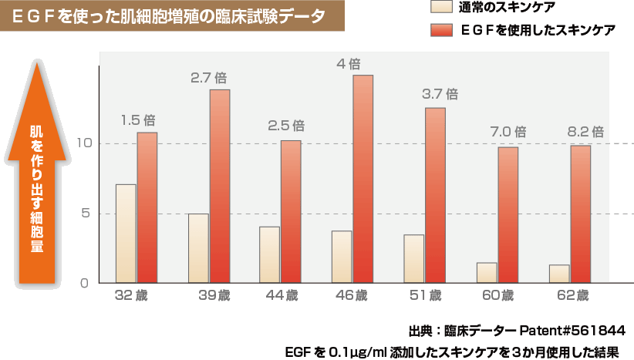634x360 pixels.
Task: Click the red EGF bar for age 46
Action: pos(363,179)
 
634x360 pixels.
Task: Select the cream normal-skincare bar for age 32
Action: pos(126,234)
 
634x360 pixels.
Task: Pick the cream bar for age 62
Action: pos(559,274)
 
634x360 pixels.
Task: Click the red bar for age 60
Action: pos(508,215)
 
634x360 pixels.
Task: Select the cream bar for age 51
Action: pos(413,258)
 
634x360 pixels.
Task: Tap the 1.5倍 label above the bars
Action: pos(139,119)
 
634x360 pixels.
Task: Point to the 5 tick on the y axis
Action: pos(88,214)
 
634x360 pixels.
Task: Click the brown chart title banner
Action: pos(170,16)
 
